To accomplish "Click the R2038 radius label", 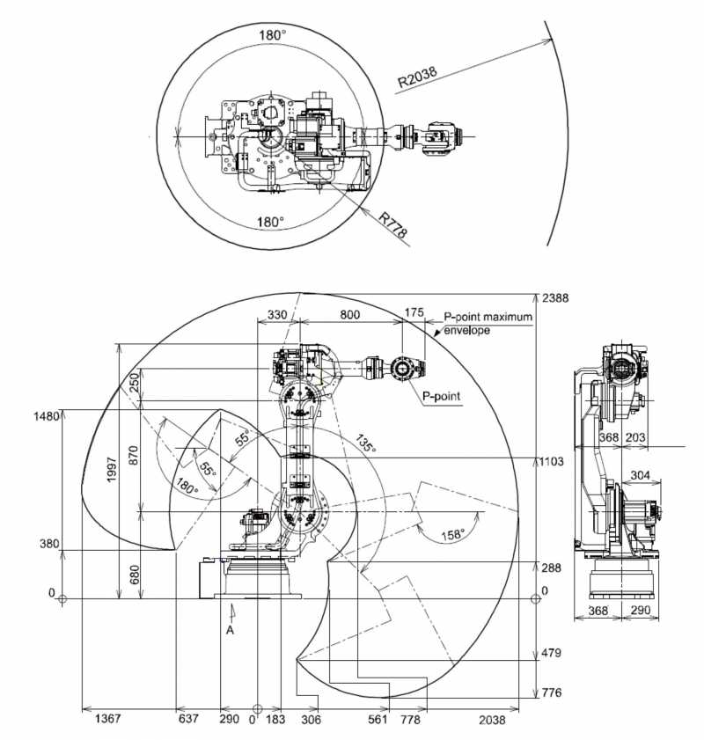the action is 417,77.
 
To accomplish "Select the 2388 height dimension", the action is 555,298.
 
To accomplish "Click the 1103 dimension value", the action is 552,461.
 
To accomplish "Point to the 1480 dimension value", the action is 47,416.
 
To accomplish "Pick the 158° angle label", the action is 453,535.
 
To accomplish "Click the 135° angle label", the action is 366,443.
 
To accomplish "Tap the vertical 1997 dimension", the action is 112,470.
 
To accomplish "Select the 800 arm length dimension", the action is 349,314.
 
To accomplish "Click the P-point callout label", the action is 441,396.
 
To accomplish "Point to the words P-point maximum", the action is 488,317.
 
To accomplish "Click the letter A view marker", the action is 230,630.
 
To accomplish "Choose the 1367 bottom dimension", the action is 108,719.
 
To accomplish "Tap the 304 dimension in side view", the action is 640,475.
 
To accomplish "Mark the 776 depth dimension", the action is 552,692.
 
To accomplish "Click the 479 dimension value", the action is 552,653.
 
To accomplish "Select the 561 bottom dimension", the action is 378,719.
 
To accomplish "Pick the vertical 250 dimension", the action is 134,382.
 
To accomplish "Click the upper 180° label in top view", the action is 273,35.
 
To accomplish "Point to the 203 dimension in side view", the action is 635,437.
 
